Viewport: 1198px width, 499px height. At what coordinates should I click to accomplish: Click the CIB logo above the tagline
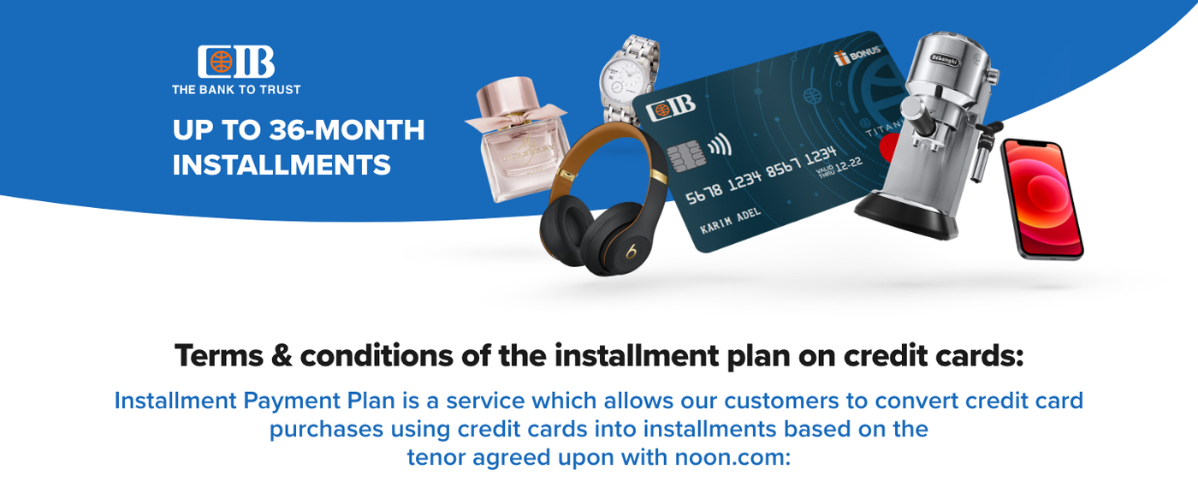236,62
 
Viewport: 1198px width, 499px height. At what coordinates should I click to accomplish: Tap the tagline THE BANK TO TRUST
236,90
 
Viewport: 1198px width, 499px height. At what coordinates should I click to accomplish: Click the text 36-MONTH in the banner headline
347,130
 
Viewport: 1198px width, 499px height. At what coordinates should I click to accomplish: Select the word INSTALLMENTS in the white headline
282,164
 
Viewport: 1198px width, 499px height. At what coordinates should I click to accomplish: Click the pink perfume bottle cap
506,95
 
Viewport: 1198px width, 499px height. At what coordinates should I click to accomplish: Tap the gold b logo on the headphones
632,252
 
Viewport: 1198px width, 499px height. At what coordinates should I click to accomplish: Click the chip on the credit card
684,156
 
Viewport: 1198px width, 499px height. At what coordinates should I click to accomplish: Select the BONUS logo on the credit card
857,55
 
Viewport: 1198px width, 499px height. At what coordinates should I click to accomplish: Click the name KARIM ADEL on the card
731,220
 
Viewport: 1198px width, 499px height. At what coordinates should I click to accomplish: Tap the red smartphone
1042,199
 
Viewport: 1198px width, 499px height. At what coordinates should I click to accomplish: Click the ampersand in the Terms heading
282,356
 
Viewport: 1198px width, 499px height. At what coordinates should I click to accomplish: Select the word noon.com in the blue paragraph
732,457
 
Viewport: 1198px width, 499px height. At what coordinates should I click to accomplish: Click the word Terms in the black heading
219,356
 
